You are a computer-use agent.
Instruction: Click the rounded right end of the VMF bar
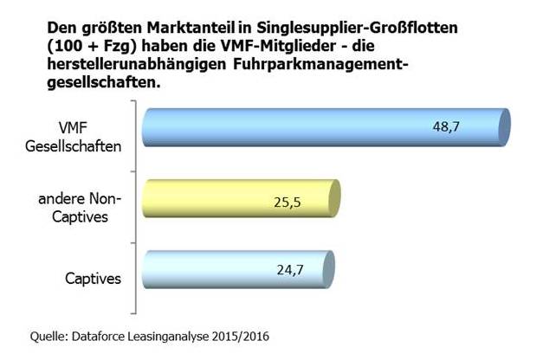(x=505, y=126)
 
